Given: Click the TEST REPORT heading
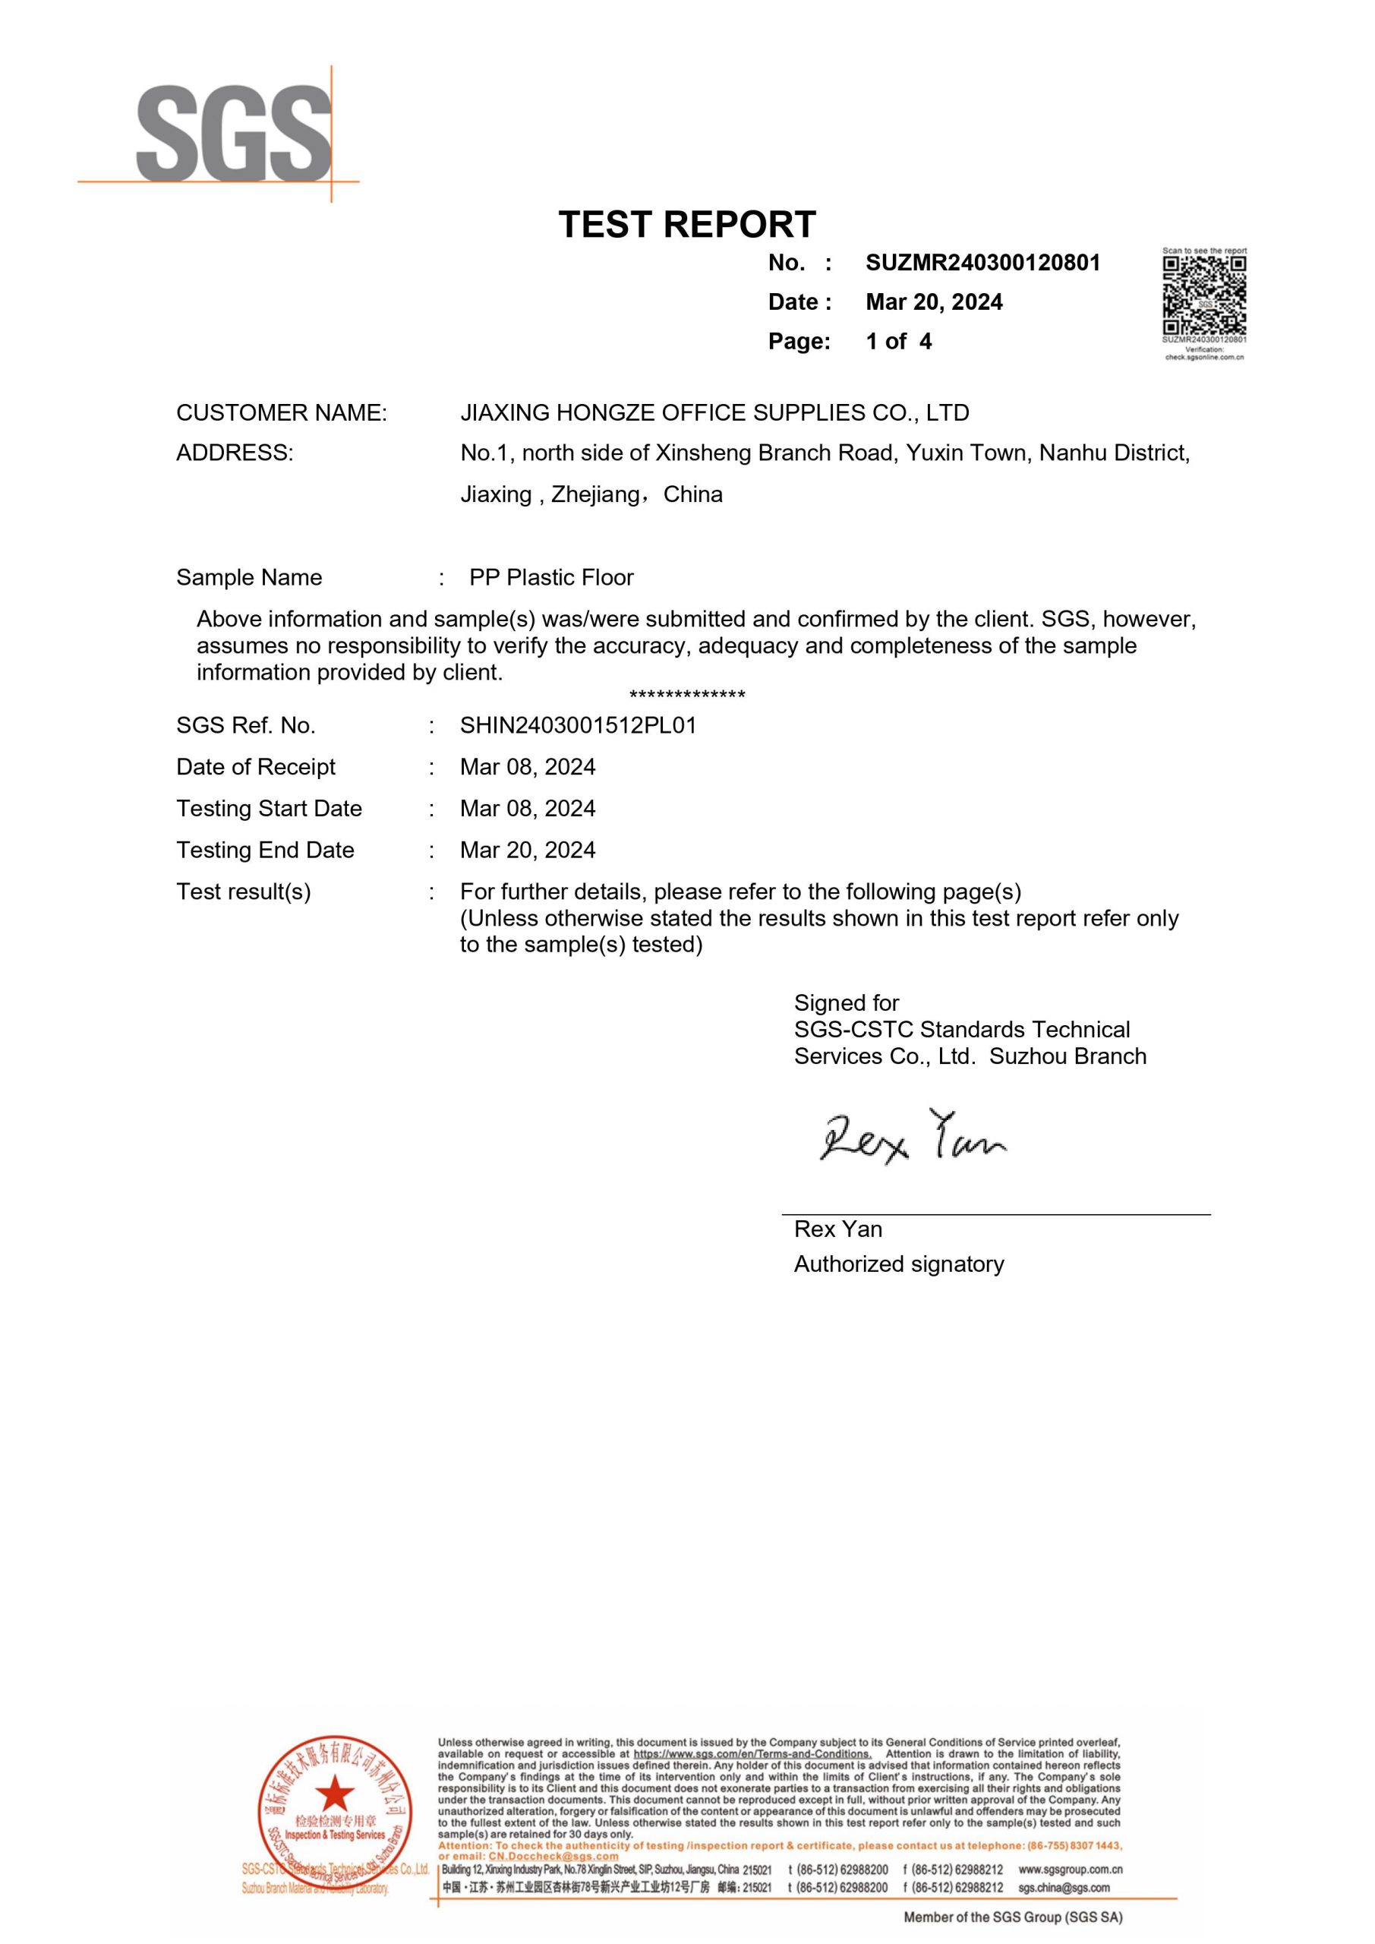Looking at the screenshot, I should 686,224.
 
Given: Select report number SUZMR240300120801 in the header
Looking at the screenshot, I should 982,263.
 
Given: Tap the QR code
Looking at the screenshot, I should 1204,295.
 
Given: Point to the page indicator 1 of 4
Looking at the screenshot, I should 898,341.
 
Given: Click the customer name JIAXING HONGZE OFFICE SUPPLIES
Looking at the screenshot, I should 714,412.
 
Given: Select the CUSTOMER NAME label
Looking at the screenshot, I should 281,412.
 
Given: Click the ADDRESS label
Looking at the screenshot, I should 235,453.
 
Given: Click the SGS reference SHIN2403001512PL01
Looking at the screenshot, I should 578,726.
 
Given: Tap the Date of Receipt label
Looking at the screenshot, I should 256,767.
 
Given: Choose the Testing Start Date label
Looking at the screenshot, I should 269,809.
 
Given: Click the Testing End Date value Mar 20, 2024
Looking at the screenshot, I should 528,850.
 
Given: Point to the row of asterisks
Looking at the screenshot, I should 686,696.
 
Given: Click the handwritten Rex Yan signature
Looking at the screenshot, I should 912,1137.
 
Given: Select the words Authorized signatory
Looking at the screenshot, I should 898,1264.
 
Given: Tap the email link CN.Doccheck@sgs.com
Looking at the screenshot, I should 553,1857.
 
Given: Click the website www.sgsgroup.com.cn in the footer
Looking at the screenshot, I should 1071,1870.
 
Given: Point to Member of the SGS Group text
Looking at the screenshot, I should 1013,1917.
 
